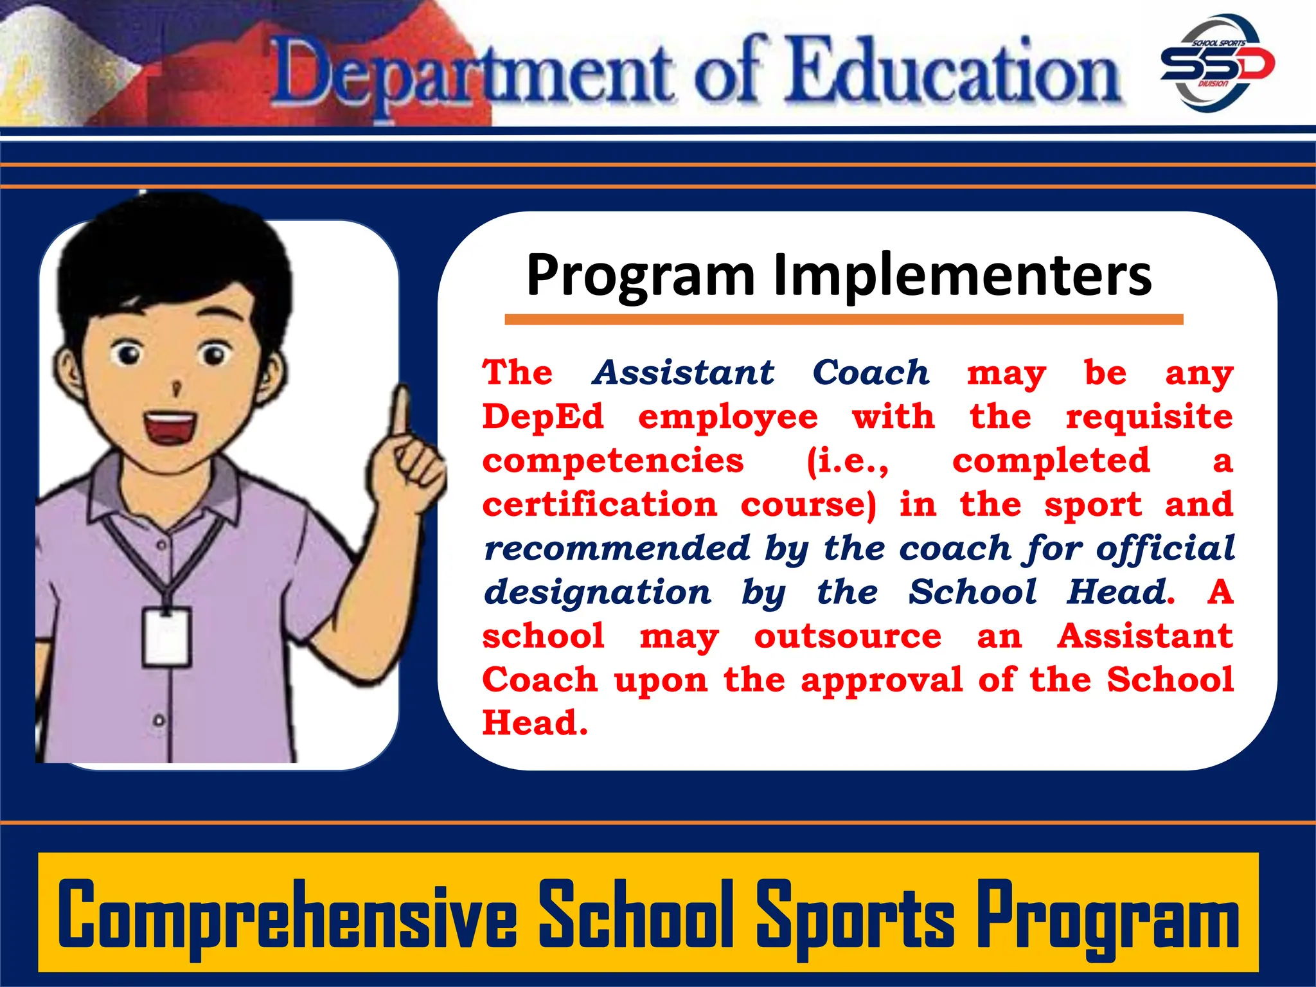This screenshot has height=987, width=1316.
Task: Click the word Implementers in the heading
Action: tap(962, 275)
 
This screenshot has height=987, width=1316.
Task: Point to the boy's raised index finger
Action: tap(402, 411)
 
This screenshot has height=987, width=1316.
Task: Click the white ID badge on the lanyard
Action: tap(166, 636)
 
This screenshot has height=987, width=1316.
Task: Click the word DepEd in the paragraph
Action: tap(543, 416)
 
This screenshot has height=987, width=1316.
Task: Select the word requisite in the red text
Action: tap(1149, 418)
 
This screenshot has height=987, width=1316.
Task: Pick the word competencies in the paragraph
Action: tap(612, 461)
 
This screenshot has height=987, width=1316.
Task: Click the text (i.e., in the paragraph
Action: tap(848, 461)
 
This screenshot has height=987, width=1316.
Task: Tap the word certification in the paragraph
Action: tap(600, 504)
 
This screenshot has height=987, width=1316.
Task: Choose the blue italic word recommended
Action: tap(617, 548)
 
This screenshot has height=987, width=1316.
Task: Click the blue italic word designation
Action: tap(598, 592)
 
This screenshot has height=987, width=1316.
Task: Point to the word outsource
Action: tap(848, 636)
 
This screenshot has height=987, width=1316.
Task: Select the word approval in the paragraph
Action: tap(882, 680)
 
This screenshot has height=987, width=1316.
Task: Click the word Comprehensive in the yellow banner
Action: tap(287, 914)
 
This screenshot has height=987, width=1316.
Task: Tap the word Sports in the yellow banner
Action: tap(855, 914)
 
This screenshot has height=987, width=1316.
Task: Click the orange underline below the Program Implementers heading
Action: tap(843, 319)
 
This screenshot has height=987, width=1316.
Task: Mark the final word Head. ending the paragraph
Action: tap(535, 723)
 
